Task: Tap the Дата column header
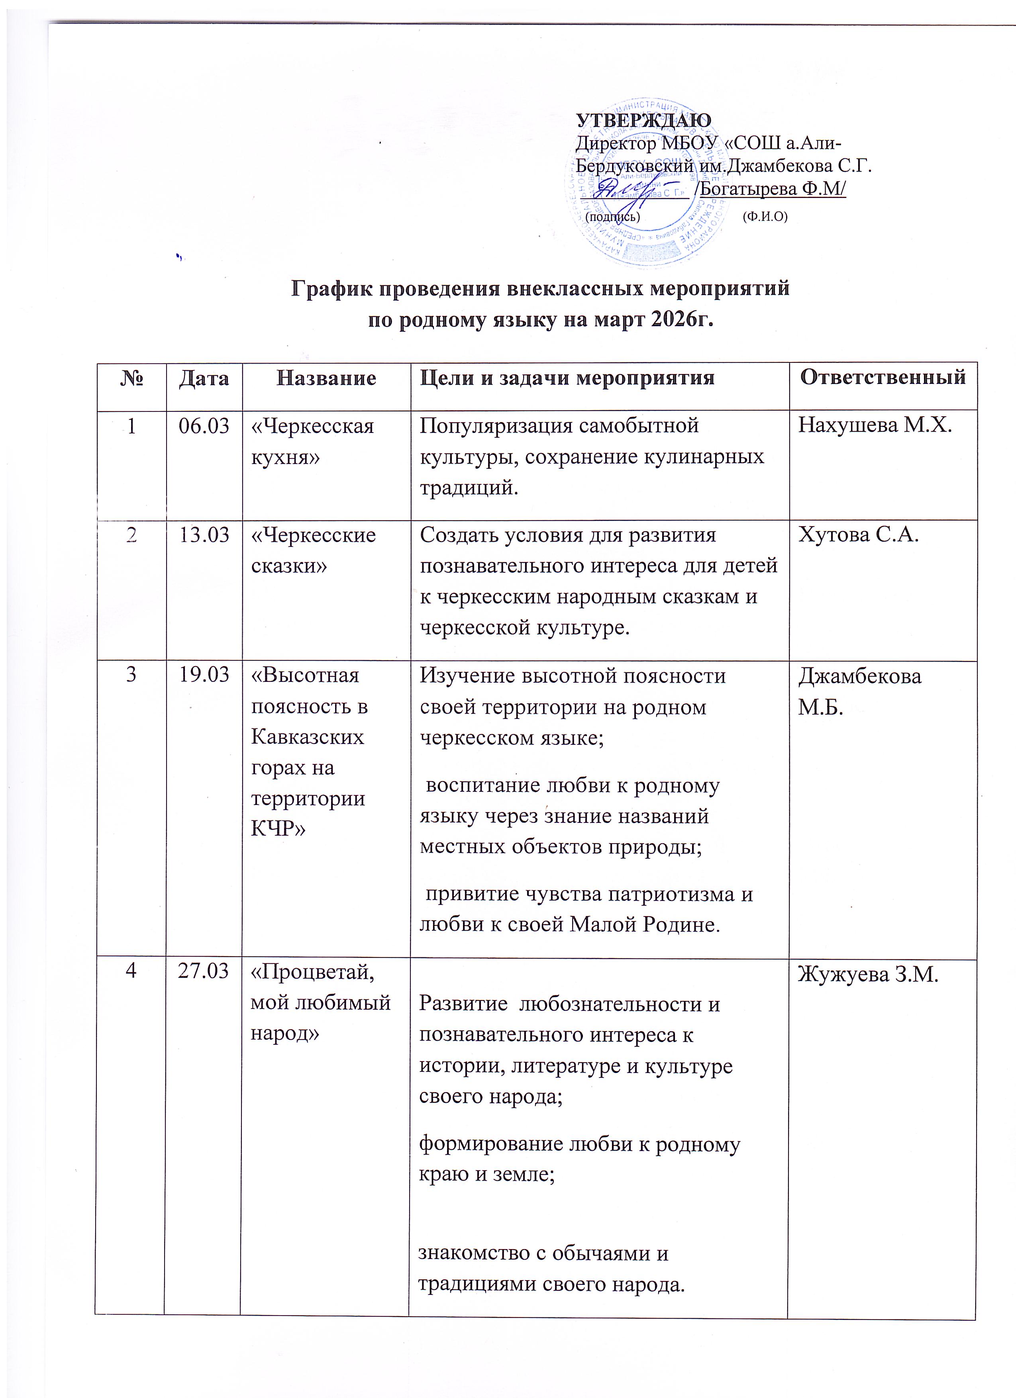coord(204,378)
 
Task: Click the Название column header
coord(326,378)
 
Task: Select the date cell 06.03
coord(204,426)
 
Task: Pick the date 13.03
coord(204,535)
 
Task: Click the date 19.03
coord(204,676)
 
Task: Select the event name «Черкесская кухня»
coord(312,441)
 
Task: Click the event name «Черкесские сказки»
coord(313,550)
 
